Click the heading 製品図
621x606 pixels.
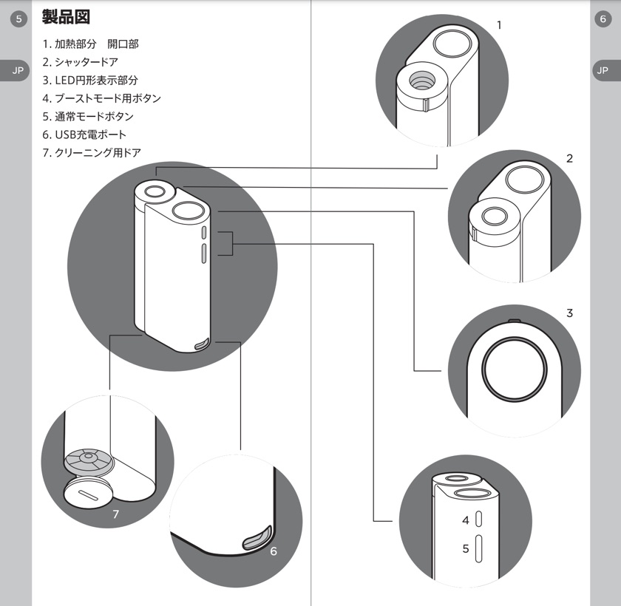coord(66,17)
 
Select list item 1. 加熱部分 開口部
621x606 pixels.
coord(91,44)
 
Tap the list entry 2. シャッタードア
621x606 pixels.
coord(81,62)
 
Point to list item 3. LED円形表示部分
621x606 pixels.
coord(90,81)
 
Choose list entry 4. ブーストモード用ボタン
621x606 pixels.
coord(102,98)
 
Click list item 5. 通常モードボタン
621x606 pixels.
coord(88,116)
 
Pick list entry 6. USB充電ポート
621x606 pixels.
coord(84,135)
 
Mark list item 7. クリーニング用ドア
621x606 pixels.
coord(92,152)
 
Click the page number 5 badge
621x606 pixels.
coord(18,19)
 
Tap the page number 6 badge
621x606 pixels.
coord(603,19)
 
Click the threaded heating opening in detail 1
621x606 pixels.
coord(421,81)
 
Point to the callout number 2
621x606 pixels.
coord(569,159)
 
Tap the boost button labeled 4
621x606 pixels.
coord(478,520)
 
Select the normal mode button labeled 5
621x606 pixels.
coord(478,548)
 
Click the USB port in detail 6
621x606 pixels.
coord(257,539)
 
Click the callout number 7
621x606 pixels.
coord(115,514)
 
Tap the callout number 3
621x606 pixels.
coord(569,313)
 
